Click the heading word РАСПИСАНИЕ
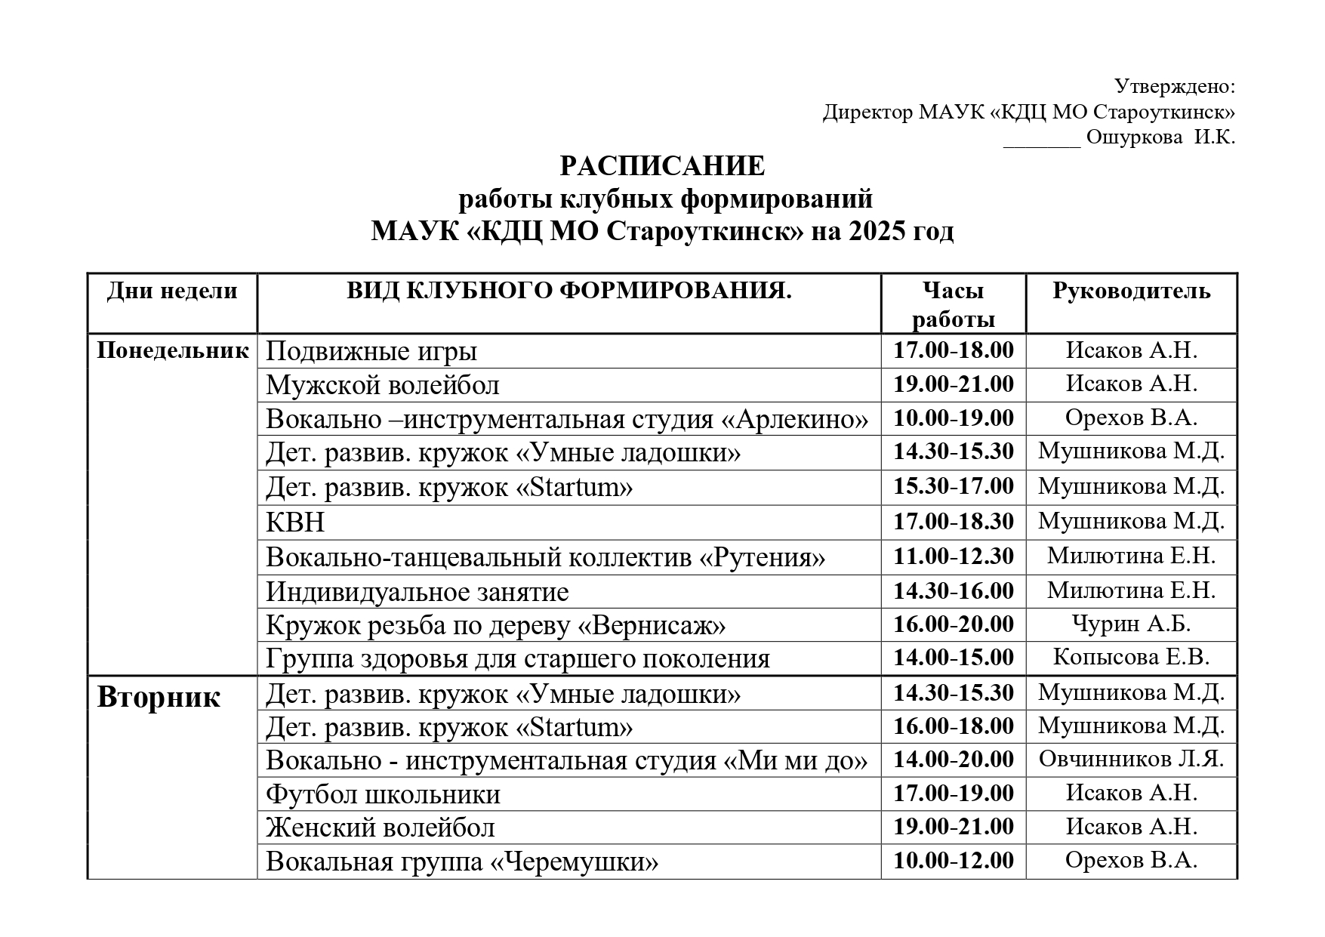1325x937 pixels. coord(661,166)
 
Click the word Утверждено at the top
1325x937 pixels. coord(1174,87)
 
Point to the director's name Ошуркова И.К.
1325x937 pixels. coord(1160,137)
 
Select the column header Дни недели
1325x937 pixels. coord(172,291)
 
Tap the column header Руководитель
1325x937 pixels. coord(1131,291)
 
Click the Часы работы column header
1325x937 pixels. coord(953,304)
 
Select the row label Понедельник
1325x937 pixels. coord(173,350)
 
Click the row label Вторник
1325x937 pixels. coord(159,696)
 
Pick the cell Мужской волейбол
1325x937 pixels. coord(382,386)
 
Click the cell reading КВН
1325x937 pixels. coord(295,522)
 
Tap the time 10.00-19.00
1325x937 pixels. coord(953,418)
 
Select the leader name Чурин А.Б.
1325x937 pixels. coord(1131,624)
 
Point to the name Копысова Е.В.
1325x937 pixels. coord(1131,657)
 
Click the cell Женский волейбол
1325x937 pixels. coord(380,828)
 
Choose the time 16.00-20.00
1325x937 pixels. coord(953,624)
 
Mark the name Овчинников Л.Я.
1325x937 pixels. coord(1131,759)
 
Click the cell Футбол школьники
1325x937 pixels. coord(383,794)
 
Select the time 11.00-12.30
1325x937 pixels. coord(953,556)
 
